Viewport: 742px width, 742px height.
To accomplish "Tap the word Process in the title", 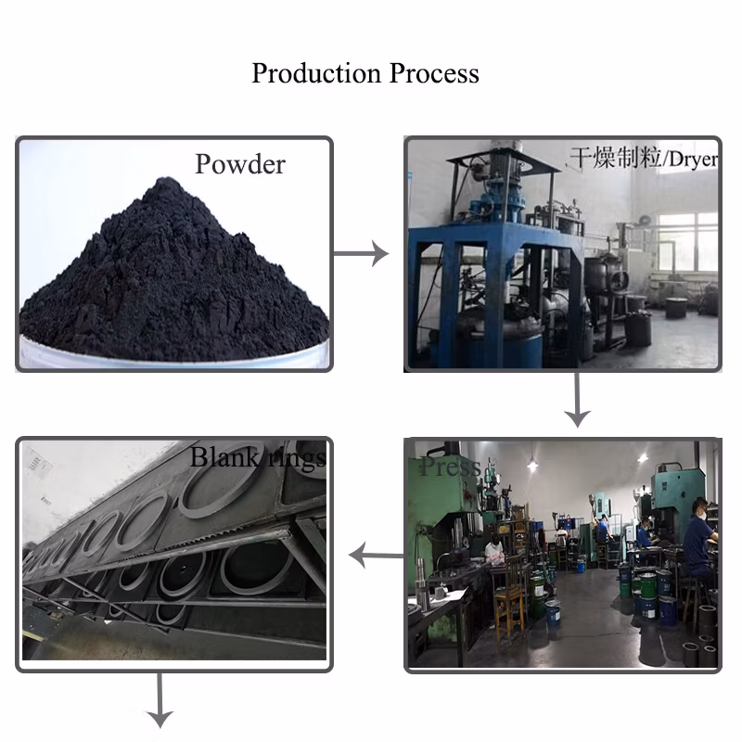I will pos(435,73).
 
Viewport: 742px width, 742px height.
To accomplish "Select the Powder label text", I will pos(240,164).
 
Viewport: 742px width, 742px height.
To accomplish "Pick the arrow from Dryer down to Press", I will pos(577,400).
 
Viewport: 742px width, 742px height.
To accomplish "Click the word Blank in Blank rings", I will pos(223,457).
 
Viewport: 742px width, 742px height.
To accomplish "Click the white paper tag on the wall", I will pos(38,460).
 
